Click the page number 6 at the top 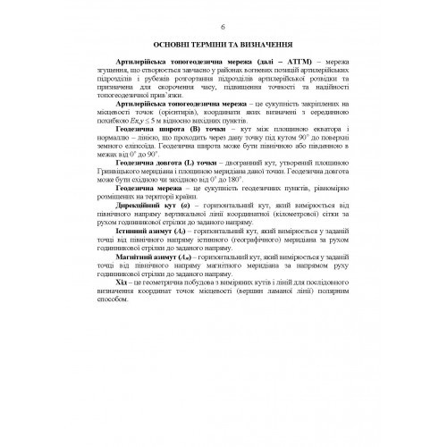tap(223, 24)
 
